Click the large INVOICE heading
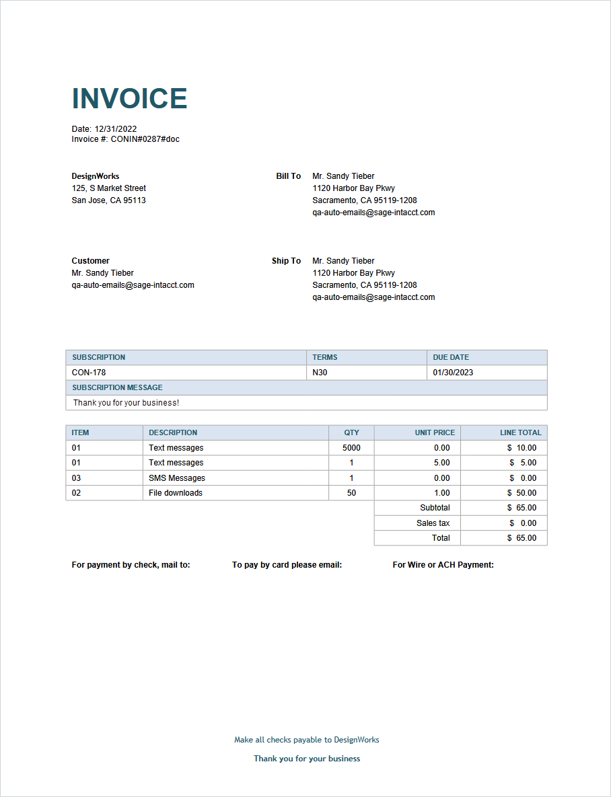(x=129, y=99)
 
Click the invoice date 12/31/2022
(x=115, y=129)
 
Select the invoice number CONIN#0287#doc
(x=145, y=139)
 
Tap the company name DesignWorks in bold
(x=96, y=176)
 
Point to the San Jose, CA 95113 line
(x=108, y=200)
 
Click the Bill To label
(x=288, y=176)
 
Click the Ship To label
(x=286, y=261)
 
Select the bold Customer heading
(x=90, y=261)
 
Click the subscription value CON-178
(x=89, y=373)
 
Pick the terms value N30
(x=320, y=373)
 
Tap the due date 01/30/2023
(x=453, y=373)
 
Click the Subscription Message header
(x=117, y=387)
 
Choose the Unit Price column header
(x=435, y=432)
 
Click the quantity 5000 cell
(x=351, y=448)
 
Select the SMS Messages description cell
(x=177, y=478)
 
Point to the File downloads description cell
(x=176, y=493)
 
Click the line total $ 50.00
(x=522, y=493)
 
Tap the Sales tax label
(x=433, y=523)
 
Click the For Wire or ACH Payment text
(x=443, y=565)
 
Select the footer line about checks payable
(x=306, y=740)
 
